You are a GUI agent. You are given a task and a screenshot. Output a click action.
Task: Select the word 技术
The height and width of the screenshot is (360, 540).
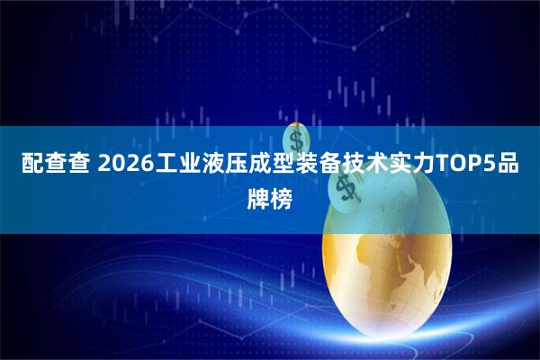click(385, 164)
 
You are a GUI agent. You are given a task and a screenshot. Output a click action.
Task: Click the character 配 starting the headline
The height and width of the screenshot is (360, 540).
click(31, 164)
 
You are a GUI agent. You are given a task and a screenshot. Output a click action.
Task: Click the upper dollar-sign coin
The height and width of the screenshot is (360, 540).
click(297, 139)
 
